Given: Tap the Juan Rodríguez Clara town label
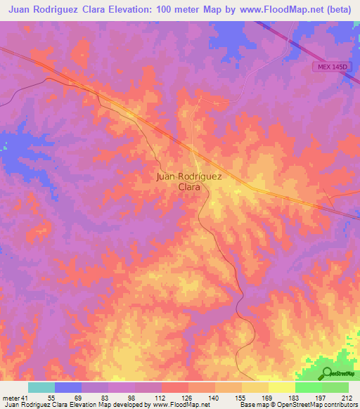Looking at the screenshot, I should (188, 182).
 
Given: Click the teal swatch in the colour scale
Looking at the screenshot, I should (41, 388).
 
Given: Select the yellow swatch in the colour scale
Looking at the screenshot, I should (281, 388).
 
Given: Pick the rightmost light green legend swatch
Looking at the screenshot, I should (335, 388).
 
